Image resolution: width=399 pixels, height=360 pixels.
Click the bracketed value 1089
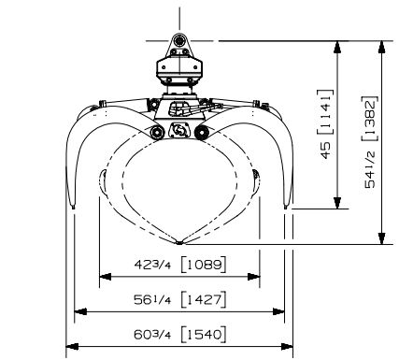204,265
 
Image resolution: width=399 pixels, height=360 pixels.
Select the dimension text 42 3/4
152,265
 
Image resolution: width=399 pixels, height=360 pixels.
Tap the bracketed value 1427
204,300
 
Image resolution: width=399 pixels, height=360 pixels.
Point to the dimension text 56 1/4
152,300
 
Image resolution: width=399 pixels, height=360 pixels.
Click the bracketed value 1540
204,335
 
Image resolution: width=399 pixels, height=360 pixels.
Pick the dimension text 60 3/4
152,335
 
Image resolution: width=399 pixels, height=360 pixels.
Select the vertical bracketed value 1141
326,112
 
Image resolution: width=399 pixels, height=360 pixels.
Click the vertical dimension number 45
326,151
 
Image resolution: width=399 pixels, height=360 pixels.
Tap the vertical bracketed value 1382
370,119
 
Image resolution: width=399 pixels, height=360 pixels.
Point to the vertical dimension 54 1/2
370,170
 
